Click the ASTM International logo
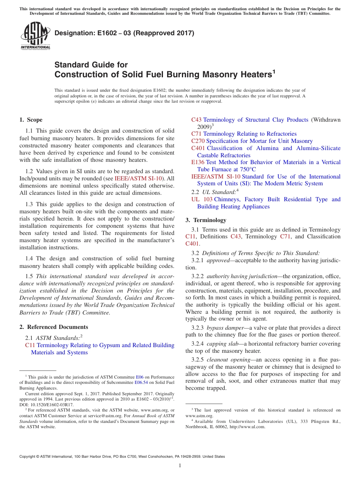pyautogui.click(x=35, y=36)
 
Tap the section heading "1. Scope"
pyautogui.click(x=31, y=120)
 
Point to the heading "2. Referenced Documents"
pyautogui.click(x=53, y=327)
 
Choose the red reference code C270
pyautogui.click(x=198, y=141)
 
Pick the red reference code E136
pyautogui.click(x=198, y=162)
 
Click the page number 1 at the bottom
pyautogui.click(x=180, y=466)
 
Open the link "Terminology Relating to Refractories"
pyautogui.click(x=250, y=134)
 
